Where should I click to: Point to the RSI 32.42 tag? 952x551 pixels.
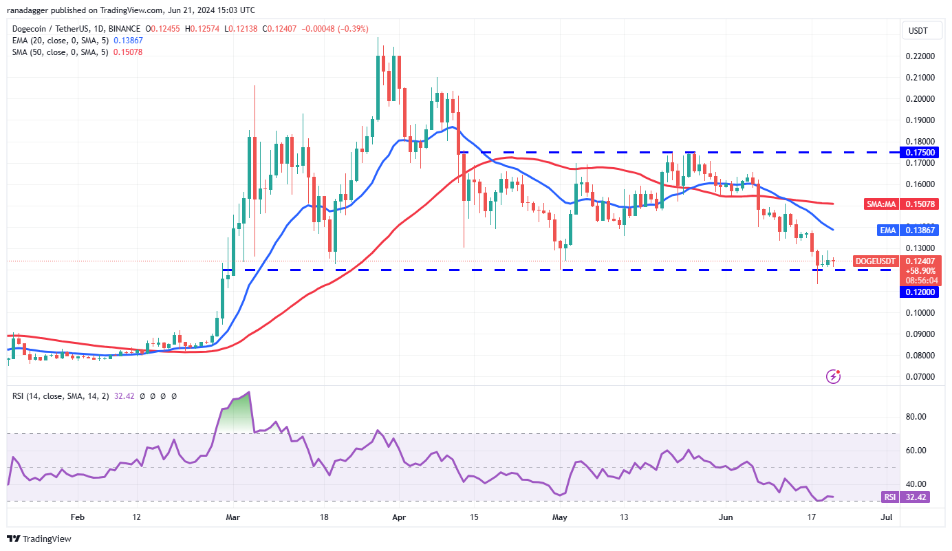(x=906, y=497)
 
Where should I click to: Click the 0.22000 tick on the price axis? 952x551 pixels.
(x=918, y=56)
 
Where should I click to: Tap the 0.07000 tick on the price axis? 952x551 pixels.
(x=918, y=377)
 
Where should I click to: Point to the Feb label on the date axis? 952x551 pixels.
(x=77, y=517)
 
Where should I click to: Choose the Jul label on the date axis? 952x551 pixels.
(x=887, y=517)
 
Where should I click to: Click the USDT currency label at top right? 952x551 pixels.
(x=918, y=30)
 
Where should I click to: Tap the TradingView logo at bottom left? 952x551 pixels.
(x=39, y=539)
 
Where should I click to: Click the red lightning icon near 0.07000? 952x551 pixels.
(x=834, y=376)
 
